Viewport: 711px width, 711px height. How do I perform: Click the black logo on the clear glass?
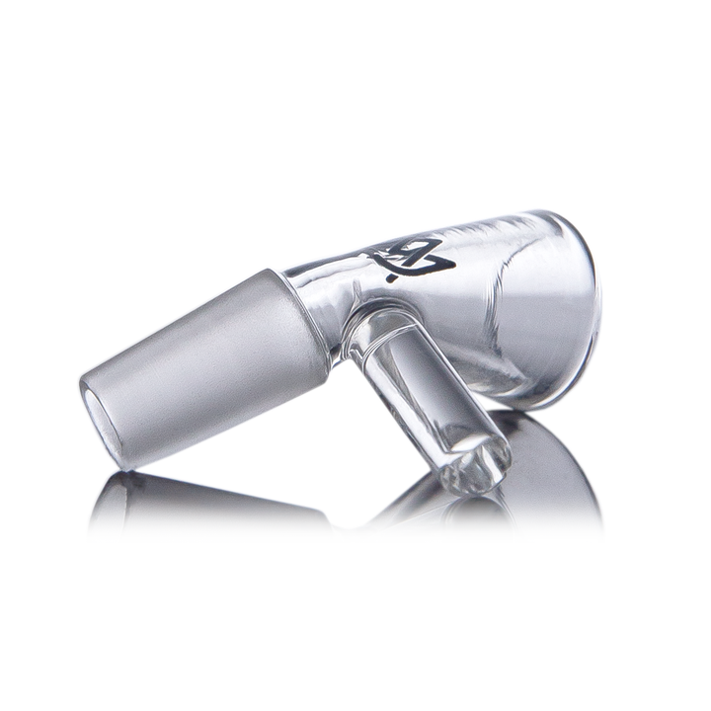(x=413, y=259)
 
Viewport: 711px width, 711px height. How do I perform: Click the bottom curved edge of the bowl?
(x=533, y=400)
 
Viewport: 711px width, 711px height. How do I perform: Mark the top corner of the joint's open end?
(x=85, y=380)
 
